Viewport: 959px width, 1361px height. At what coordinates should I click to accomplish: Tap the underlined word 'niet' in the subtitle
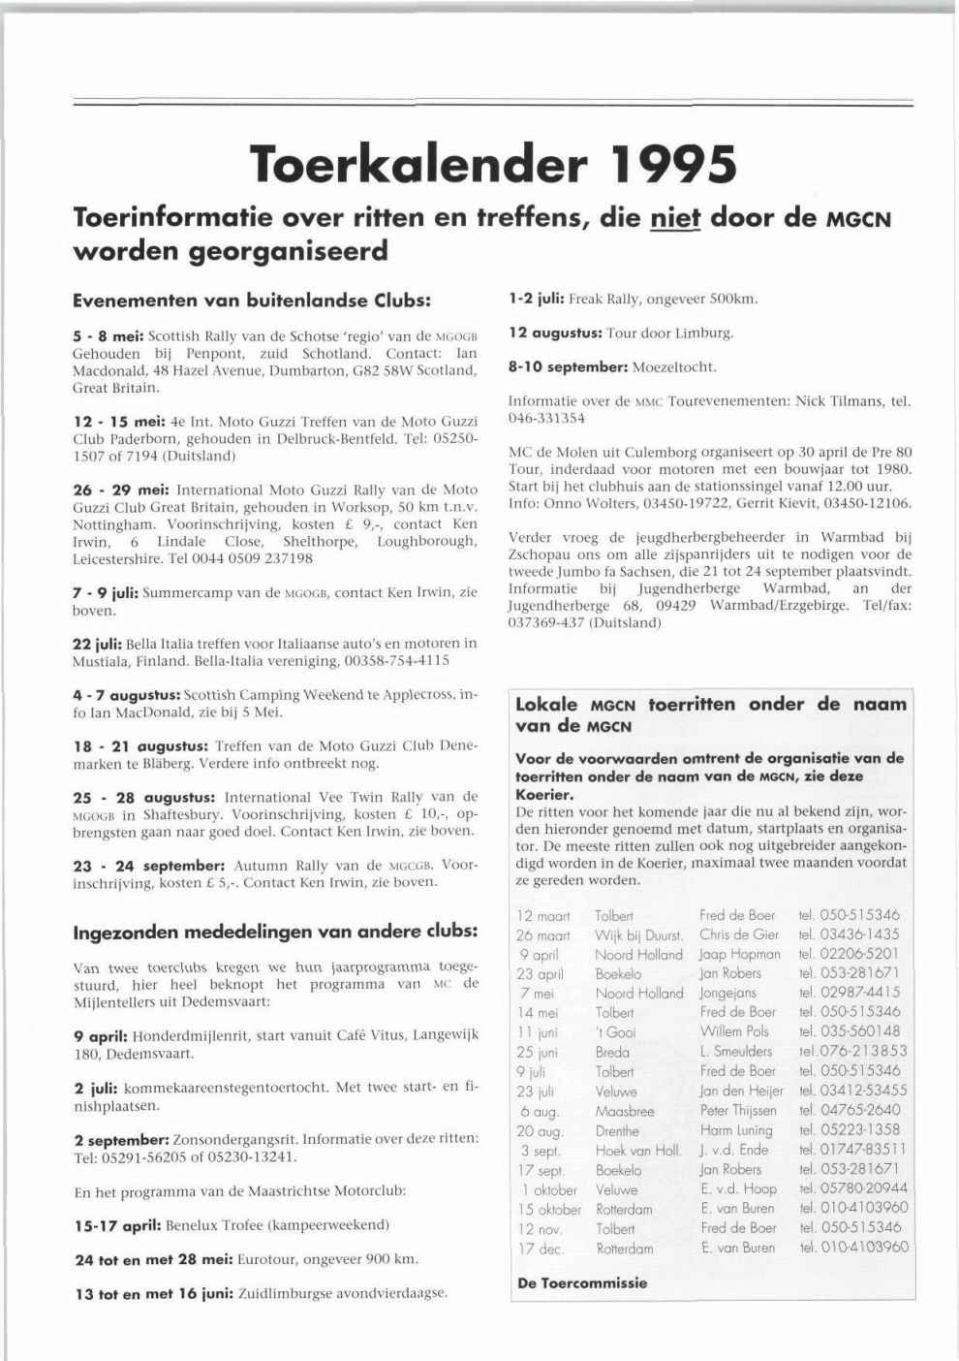click(x=674, y=218)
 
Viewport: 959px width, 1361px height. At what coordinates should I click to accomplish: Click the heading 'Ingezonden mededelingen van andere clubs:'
click(x=275, y=933)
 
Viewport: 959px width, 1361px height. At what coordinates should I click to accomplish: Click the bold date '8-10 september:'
click(x=568, y=367)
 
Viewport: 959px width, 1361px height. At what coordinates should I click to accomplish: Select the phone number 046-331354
click(x=546, y=419)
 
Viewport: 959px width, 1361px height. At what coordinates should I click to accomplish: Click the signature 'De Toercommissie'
click(x=582, y=1282)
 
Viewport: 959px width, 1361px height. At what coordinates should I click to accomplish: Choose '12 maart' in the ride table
click(x=543, y=916)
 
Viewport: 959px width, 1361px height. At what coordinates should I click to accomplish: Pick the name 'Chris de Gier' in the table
click(x=738, y=934)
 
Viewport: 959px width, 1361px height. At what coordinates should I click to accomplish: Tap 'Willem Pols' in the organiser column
click(x=733, y=1031)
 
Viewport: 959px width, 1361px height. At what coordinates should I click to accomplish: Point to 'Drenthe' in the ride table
click(x=617, y=1130)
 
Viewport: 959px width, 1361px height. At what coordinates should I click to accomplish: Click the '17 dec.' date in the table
click(x=541, y=1249)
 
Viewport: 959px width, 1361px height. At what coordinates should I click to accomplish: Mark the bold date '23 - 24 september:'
click(x=148, y=865)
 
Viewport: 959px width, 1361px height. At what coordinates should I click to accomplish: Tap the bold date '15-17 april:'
click(x=117, y=1225)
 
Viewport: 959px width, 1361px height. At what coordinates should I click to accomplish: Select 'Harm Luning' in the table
click(x=736, y=1130)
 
